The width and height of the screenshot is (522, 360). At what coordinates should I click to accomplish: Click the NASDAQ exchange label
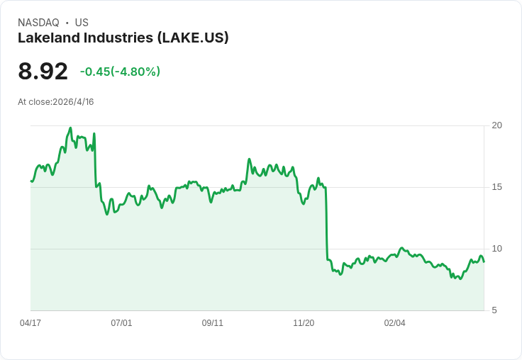(x=38, y=23)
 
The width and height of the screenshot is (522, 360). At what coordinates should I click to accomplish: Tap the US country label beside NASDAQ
(x=82, y=23)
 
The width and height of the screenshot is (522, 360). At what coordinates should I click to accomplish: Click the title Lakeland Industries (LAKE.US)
(x=123, y=38)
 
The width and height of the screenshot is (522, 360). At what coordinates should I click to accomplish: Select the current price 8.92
(x=43, y=71)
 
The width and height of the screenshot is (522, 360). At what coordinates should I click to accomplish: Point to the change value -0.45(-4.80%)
(x=120, y=72)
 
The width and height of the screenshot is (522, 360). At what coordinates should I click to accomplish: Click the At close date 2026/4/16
(x=55, y=101)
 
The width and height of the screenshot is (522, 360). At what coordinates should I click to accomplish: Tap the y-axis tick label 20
(x=496, y=125)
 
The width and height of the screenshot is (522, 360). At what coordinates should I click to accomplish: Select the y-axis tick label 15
(x=496, y=187)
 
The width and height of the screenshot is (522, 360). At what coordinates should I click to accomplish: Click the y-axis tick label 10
(x=496, y=249)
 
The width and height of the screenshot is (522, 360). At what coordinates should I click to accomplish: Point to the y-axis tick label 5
(x=494, y=310)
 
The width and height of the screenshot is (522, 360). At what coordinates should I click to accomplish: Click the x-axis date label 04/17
(x=30, y=323)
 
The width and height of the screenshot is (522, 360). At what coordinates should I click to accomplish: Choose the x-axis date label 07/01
(x=121, y=323)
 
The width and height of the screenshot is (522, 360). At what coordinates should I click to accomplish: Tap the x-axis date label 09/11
(x=213, y=323)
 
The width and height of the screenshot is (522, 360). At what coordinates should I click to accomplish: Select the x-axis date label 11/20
(x=304, y=323)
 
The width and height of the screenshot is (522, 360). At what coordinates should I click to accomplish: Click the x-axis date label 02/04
(x=395, y=323)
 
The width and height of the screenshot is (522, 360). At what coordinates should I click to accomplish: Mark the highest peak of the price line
(x=70, y=128)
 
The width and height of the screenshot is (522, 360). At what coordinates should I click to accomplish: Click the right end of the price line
(x=484, y=261)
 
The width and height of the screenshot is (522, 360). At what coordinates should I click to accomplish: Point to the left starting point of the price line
(x=31, y=181)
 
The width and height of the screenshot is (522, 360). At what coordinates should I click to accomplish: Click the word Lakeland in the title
(x=46, y=38)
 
